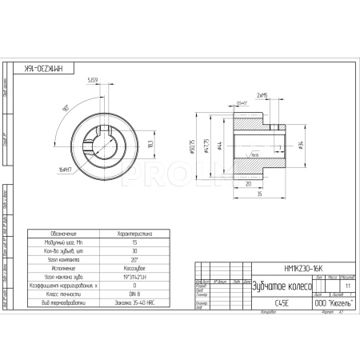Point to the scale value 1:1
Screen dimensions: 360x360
pyautogui.click(x=346, y=284)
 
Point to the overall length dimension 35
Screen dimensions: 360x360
pyautogui.click(x=261, y=194)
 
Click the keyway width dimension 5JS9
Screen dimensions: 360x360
pyautogui.click(x=92, y=80)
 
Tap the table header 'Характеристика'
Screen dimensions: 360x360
pyautogui.click(x=134, y=233)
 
